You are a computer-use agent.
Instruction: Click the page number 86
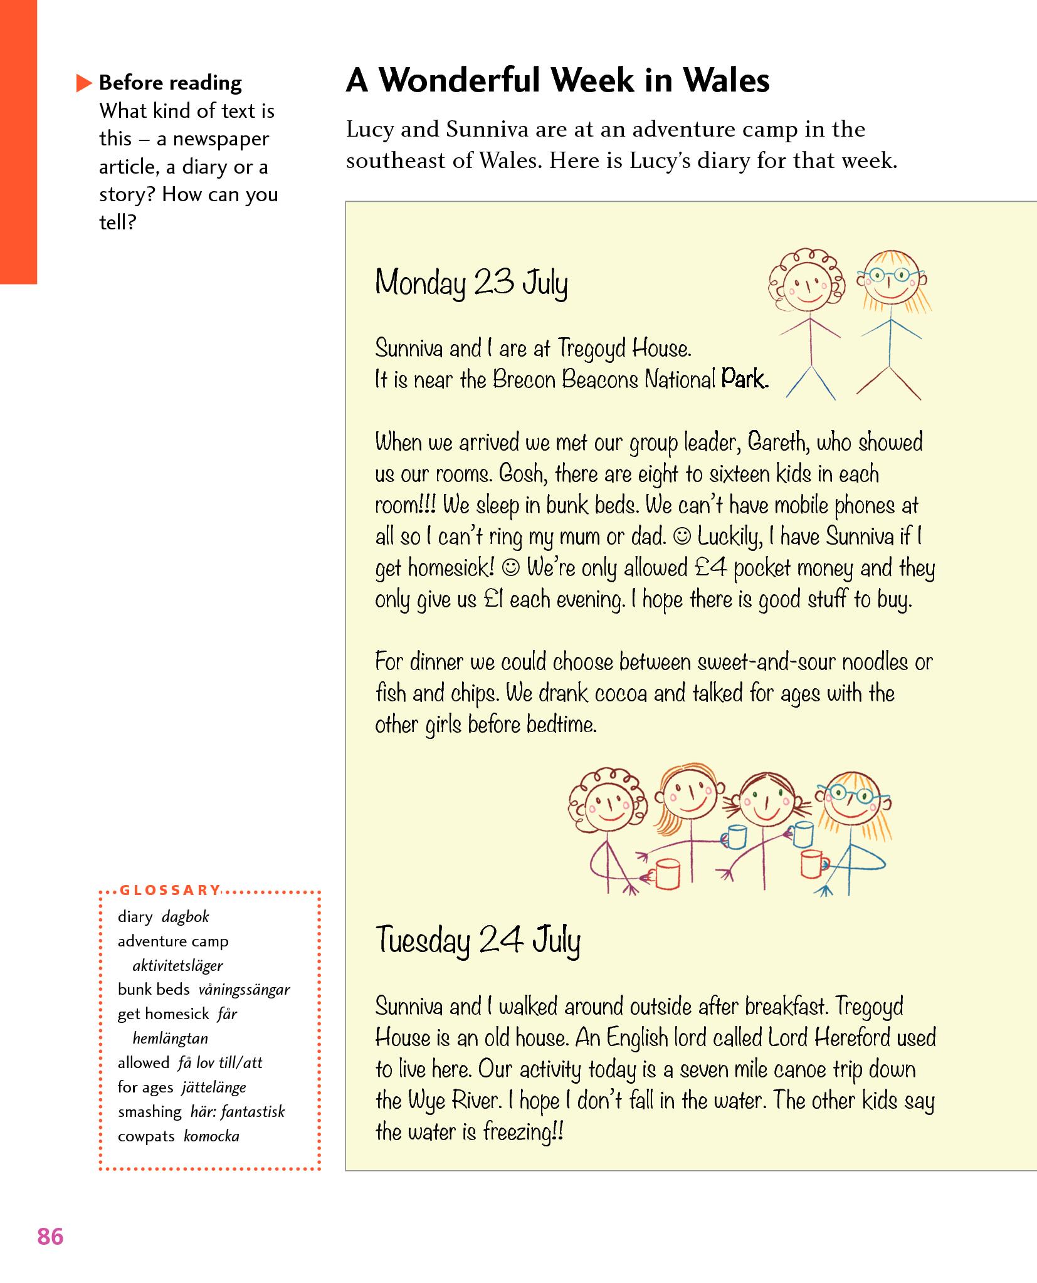[50, 1237]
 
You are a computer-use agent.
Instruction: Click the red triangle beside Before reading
[83, 83]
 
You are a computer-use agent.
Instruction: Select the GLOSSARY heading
[170, 890]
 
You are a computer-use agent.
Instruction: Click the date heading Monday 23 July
[471, 283]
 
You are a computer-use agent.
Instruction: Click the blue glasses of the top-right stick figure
[891, 275]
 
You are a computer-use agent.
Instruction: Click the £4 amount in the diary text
[711, 568]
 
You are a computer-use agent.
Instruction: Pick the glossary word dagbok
[185, 917]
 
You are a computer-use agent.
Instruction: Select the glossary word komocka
[212, 1136]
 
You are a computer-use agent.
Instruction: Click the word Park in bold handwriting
[744, 379]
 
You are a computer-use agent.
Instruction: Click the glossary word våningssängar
[244, 990]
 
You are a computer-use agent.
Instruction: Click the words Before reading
[170, 83]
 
